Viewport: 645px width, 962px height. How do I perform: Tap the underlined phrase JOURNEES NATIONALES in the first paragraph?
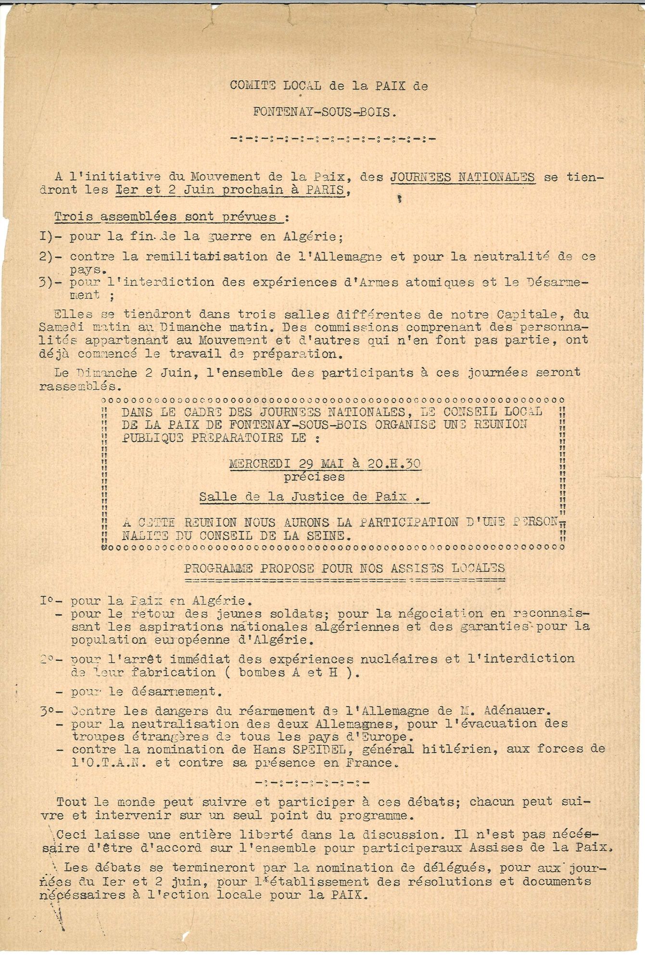click(x=462, y=177)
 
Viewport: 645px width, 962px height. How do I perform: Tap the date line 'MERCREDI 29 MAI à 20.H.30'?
click(x=325, y=464)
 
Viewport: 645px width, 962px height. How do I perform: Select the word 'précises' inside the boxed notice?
click(x=314, y=477)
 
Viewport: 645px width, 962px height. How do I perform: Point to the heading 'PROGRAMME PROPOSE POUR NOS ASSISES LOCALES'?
click(x=344, y=568)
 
